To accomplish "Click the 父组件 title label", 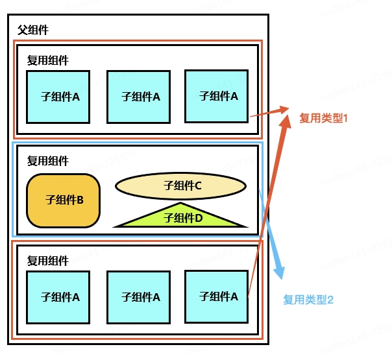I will point(33,30).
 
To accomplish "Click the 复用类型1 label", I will point(324,118).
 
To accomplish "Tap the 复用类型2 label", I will point(308,300).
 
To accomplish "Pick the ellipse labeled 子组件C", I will point(181,186).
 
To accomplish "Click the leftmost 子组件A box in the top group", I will point(58,97).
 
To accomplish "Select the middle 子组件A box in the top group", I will point(139,97).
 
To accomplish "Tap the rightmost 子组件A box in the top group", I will point(217,96).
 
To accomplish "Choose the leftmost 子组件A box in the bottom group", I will point(58,297).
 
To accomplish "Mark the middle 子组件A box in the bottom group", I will point(139,297).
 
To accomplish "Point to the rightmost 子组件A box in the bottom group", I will point(217,296).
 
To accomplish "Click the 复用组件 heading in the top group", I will point(47,60).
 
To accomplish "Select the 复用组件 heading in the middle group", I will point(47,161).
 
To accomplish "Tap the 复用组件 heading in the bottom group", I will point(47,261).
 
